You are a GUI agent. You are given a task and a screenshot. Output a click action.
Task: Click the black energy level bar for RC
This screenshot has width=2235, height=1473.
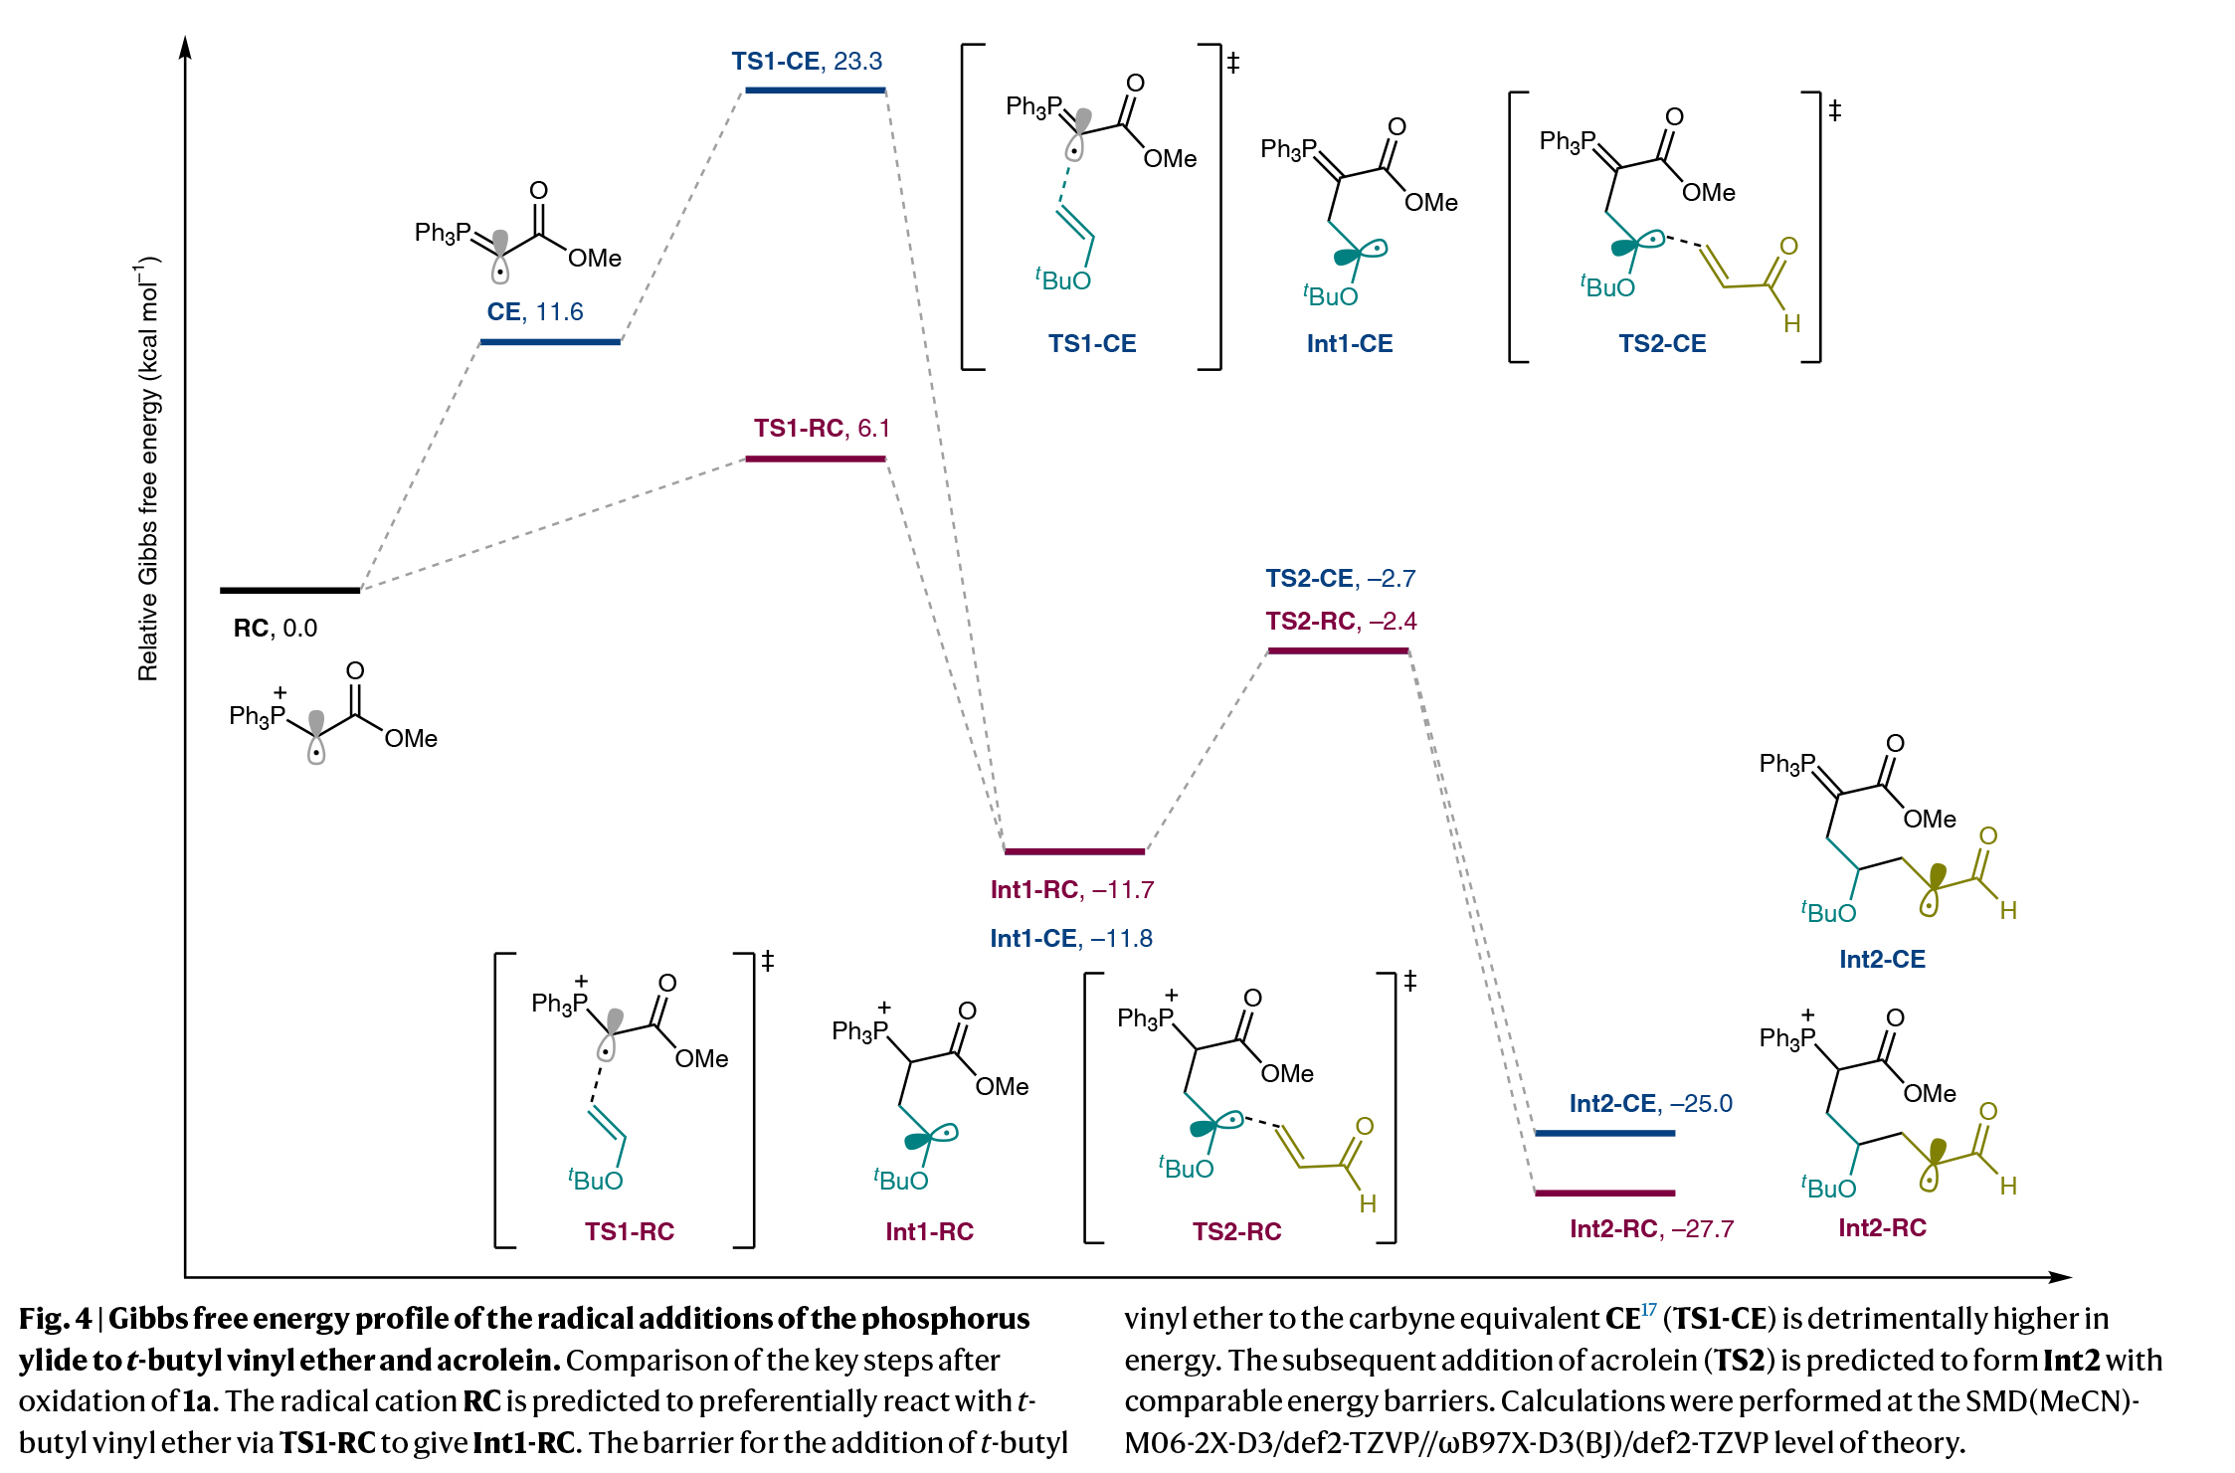point(289,590)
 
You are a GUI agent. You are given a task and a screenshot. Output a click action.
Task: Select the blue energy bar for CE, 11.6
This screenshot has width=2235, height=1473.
point(550,341)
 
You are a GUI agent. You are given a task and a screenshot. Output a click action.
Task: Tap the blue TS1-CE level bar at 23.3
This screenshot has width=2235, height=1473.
point(815,91)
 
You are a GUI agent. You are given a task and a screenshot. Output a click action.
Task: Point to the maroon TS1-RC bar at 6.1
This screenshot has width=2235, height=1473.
point(815,459)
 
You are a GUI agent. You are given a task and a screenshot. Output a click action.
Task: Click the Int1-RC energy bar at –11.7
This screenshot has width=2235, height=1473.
point(1074,851)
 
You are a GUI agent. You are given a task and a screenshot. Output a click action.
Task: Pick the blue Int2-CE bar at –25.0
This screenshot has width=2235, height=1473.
point(1604,1133)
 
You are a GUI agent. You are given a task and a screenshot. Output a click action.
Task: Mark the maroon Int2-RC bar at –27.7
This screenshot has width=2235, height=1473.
point(1604,1193)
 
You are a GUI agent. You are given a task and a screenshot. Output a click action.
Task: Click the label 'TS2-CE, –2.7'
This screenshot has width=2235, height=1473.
point(1340,578)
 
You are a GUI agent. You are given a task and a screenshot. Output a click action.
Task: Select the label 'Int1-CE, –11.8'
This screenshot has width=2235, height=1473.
point(1071,938)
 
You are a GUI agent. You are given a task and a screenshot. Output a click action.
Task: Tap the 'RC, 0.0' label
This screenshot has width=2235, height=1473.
point(275,629)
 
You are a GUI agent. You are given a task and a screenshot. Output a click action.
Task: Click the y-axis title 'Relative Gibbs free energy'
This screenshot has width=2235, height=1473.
point(147,467)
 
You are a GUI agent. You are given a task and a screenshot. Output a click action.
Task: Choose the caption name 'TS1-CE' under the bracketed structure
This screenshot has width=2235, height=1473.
point(1091,343)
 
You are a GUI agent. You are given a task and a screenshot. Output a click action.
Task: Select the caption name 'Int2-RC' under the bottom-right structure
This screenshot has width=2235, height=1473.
point(1882,1227)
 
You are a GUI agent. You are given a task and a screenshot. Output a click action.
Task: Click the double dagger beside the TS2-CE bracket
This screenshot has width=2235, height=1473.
point(1835,109)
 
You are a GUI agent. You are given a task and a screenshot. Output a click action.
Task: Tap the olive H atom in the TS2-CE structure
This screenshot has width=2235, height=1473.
point(1791,323)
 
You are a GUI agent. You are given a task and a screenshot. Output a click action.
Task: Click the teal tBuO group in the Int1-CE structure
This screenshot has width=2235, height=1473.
point(1331,295)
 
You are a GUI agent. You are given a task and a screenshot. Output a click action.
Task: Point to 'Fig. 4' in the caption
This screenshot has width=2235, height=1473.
point(55,1319)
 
